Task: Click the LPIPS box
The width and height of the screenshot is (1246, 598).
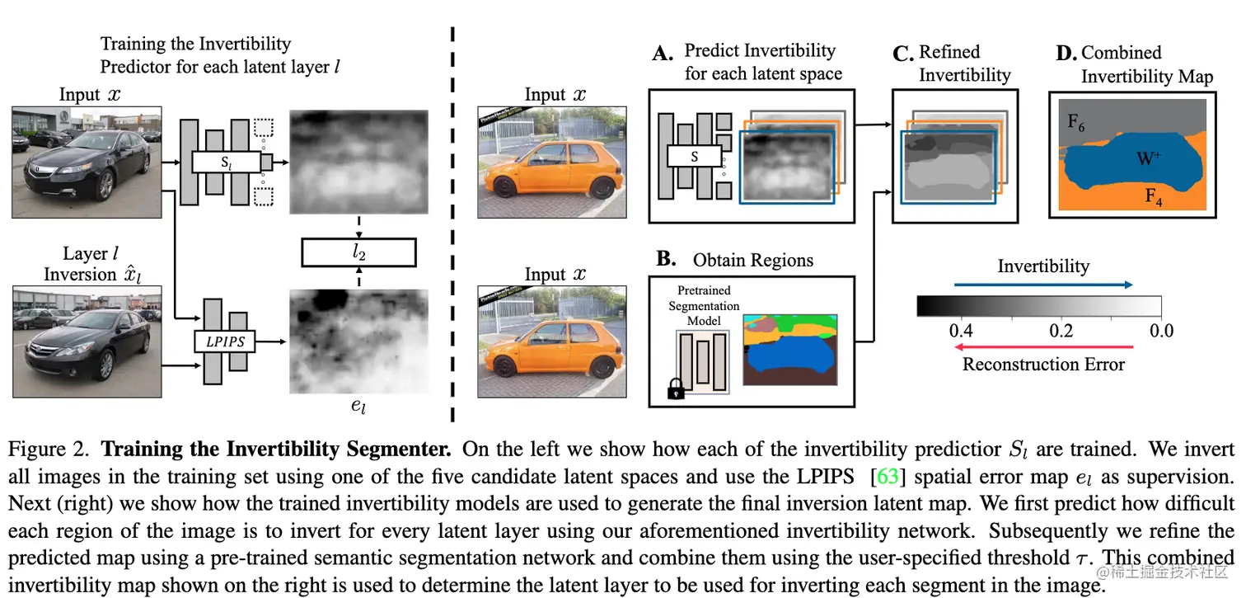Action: (x=226, y=339)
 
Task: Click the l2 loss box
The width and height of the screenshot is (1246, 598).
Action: (x=358, y=252)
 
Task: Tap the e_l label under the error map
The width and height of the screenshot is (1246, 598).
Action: (x=358, y=405)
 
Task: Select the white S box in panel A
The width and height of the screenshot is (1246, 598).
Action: (x=694, y=156)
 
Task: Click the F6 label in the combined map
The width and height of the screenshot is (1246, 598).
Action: (x=1076, y=123)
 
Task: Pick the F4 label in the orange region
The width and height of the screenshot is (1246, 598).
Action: (x=1153, y=196)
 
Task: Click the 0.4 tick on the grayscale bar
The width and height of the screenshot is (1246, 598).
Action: (x=961, y=332)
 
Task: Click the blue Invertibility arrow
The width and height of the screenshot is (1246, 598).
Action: (x=1043, y=285)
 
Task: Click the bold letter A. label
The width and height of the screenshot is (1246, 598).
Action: (x=663, y=54)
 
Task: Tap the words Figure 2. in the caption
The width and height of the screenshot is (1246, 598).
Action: (x=49, y=450)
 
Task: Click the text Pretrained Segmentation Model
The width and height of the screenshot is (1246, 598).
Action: (x=704, y=305)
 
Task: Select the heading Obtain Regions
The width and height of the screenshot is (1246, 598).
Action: (x=752, y=261)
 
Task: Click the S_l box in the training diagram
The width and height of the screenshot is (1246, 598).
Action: (x=226, y=162)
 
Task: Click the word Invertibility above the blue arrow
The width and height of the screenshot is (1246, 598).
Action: (x=1043, y=266)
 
